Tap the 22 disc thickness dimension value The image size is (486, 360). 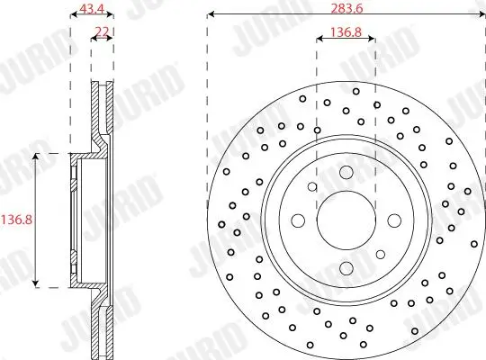(x=103, y=32)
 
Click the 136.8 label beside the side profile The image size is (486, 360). (x=15, y=219)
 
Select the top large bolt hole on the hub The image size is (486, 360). (x=346, y=173)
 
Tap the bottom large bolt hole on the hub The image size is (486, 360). (x=346, y=266)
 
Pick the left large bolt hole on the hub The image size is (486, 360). (x=298, y=220)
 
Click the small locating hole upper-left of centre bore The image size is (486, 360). (x=312, y=187)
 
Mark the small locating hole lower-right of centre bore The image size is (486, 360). (x=379, y=253)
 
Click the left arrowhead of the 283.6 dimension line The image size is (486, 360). (x=211, y=15)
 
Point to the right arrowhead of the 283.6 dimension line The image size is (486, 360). (x=481, y=15)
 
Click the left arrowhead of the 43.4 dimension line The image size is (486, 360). (x=73, y=15)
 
